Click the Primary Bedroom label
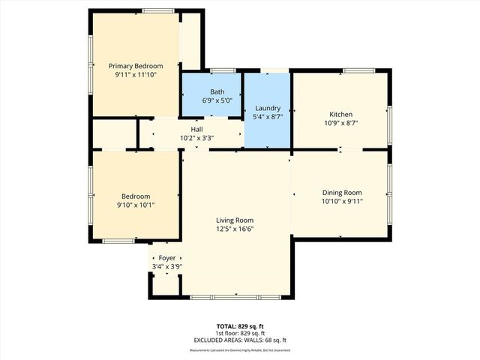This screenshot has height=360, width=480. pyautogui.click(x=135, y=66)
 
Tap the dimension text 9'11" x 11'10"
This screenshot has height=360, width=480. pyautogui.click(x=135, y=76)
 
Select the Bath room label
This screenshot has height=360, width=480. pyautogui.click(x=217, y=91)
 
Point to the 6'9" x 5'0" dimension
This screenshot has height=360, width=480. pyautogui.click(x=217, y=100)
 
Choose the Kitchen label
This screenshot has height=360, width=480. pyautogui.click(x=340, y=114)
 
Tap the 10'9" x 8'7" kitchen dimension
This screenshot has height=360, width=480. pyautogui.click(x=340, y=124)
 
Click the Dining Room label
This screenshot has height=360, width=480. pyautogui.click(x=341, y=192)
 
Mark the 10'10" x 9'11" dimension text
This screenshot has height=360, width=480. pyautogui.click(x=341, y=201)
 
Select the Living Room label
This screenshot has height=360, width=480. pyautogui.click(x=235, y=220)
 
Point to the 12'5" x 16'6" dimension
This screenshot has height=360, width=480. pyautogui.click(x=235, y=229)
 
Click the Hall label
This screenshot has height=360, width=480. pyautogui.click(x=197, y=129)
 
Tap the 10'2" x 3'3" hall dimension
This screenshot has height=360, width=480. pyautogui.click(x=197, y=138)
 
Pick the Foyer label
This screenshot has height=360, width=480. pyautogui.click(x=166, y=257)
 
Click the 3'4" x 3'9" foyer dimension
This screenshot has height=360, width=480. pyautogui.click(x=166, y=266)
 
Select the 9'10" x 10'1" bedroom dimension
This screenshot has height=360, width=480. pyautogui.click(x=136, y=205)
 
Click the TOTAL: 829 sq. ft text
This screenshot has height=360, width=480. pyautogui.click(x=239, y=326)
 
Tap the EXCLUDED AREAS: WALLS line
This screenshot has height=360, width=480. pyautogui.click(x=239, y=340)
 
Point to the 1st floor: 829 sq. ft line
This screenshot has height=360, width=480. pyautogui.click(x=239, y=333)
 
